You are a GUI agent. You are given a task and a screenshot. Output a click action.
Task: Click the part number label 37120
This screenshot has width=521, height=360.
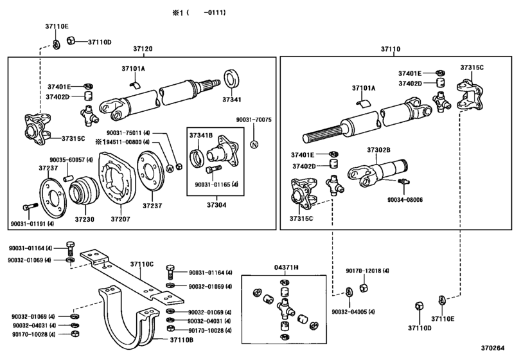point(143,50)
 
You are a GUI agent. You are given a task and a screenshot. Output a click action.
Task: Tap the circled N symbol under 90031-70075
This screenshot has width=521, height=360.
point(254,143)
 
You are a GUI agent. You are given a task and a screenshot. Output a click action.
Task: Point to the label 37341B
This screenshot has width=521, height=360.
point(200,136)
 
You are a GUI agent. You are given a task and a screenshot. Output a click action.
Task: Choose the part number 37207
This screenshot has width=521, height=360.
point(120,219)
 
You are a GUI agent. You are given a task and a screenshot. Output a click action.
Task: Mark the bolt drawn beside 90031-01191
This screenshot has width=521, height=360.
point(27,207)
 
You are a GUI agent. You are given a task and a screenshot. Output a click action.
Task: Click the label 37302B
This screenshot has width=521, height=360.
point(378,150)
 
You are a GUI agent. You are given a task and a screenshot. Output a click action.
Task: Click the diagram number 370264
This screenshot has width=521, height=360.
point(504,350)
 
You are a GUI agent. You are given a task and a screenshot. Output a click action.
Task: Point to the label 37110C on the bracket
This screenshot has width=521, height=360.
point(142,264)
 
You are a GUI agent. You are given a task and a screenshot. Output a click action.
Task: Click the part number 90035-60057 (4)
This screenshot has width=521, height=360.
point(71,159)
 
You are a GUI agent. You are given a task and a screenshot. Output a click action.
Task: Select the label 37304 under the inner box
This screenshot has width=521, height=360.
point(212,205)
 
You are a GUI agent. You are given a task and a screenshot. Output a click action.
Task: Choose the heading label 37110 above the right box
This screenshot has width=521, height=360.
point(390,50)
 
